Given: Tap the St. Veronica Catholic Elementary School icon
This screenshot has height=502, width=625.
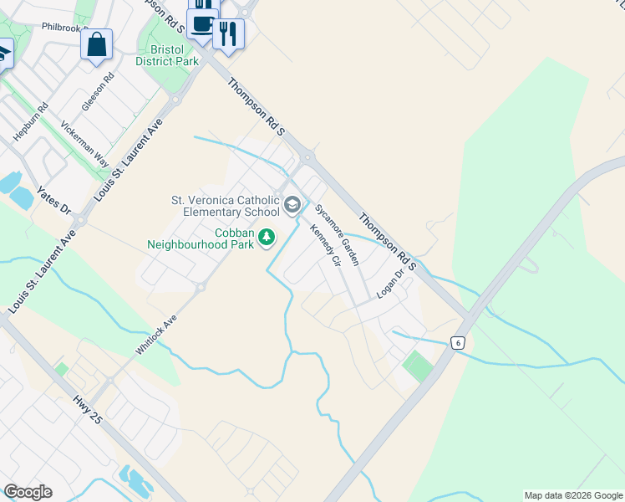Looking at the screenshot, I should point(292,204).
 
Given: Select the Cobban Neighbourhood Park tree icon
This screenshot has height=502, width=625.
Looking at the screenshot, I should point(267,238).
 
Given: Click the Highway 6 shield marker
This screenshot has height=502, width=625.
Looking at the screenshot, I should point(457,343).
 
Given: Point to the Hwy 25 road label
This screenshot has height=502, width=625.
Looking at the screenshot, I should point(87,407).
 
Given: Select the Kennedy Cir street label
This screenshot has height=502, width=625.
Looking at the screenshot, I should point(326,246).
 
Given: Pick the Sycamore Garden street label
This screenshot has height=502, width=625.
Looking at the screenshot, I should point(337,233).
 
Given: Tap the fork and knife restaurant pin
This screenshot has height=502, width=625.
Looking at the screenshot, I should point(228,34).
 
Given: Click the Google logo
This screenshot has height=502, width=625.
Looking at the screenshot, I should point(28,492).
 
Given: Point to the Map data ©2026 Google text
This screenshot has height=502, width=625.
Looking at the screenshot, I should point(573,495).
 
